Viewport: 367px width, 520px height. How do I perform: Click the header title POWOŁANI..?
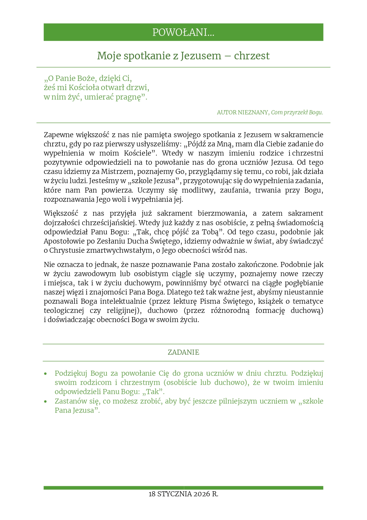tap(183, 32)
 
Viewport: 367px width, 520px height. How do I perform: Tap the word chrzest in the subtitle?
tap(252, 56)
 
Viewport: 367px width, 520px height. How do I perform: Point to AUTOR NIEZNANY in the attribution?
tap(242, 113)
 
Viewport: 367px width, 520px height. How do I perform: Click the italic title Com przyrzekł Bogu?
tap(297, 113)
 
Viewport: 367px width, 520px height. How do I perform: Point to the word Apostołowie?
tap(63, 241)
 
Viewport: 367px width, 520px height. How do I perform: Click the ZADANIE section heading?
tap(183, 352)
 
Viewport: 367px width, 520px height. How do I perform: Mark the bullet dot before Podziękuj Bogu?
tap(45, 374)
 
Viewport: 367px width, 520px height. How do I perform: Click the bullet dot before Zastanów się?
tap(45, 402)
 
